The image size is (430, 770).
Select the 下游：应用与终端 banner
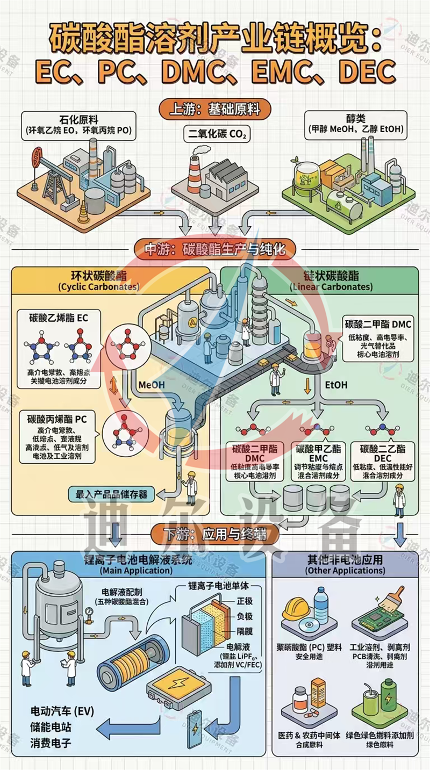click(x=215, y=534)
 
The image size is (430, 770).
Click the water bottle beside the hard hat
click(x=321, y=605)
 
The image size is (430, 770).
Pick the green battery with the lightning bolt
click(x=388, y=696)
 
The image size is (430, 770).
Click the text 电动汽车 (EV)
click(x=62, y=712)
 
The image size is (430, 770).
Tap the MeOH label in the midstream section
click(x=150, y=385)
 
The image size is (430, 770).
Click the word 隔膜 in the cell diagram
click(x=244, y=631)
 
